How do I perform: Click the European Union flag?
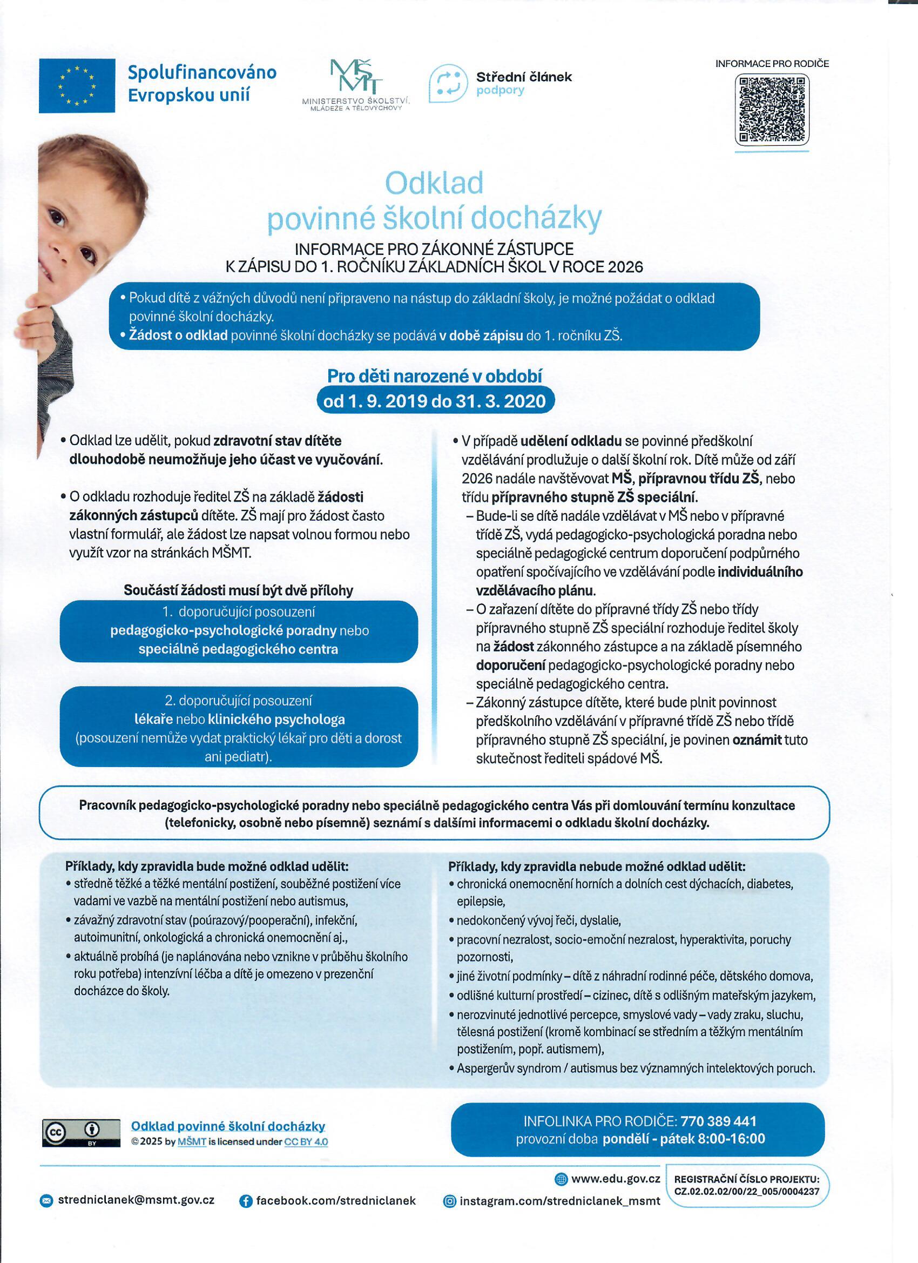(x=77, y=86)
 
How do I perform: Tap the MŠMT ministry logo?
(x=355, y=84)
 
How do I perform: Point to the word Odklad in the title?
(x=434, y=183)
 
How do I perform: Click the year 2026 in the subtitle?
(x=625, y=267)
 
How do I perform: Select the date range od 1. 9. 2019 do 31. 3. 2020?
(x=435, y=401)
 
